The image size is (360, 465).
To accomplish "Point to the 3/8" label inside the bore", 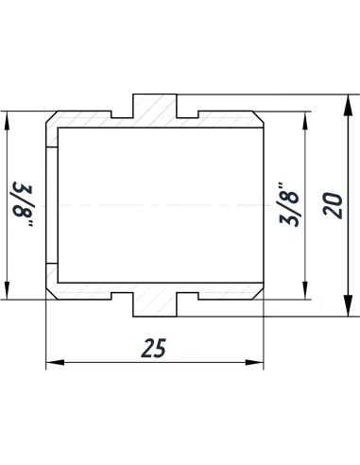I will point(290,204).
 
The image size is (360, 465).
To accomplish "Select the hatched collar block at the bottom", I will point(155,302).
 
